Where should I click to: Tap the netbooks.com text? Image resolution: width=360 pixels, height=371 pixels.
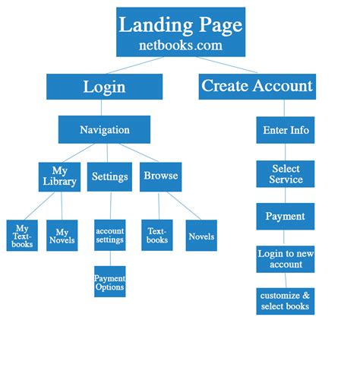coord(180,45)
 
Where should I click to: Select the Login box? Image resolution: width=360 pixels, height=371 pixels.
coord(104,87)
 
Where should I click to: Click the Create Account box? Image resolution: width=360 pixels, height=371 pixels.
coord(257,86)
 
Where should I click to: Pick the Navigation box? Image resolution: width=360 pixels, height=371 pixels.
coord(104,129)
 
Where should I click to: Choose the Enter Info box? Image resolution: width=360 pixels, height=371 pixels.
coord(286,130)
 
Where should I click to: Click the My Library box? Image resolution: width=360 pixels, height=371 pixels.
coord(59,176)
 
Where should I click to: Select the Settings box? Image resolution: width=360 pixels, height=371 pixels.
coord(110,176)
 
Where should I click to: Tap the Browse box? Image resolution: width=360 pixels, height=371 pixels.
coord(160,176)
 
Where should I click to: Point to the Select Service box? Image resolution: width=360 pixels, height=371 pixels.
coord(286,174)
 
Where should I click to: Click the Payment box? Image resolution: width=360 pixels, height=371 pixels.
coord(286,216)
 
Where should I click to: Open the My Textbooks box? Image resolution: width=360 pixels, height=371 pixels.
coord(22,236)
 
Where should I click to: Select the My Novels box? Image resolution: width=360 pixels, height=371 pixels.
coord(62,236)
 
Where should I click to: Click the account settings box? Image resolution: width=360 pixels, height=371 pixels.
coord(110,236)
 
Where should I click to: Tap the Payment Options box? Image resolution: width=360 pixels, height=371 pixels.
coord(110,282)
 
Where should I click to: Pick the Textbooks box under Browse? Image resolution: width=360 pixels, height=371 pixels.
coord(157,236)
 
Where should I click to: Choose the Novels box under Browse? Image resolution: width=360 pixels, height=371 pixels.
coord(201,236)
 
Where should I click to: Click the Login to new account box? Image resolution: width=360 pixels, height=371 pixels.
coord(286,259)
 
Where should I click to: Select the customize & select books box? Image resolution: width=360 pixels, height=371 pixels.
coord(286,300)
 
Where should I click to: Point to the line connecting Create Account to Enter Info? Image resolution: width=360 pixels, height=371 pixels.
coord(286,108)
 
